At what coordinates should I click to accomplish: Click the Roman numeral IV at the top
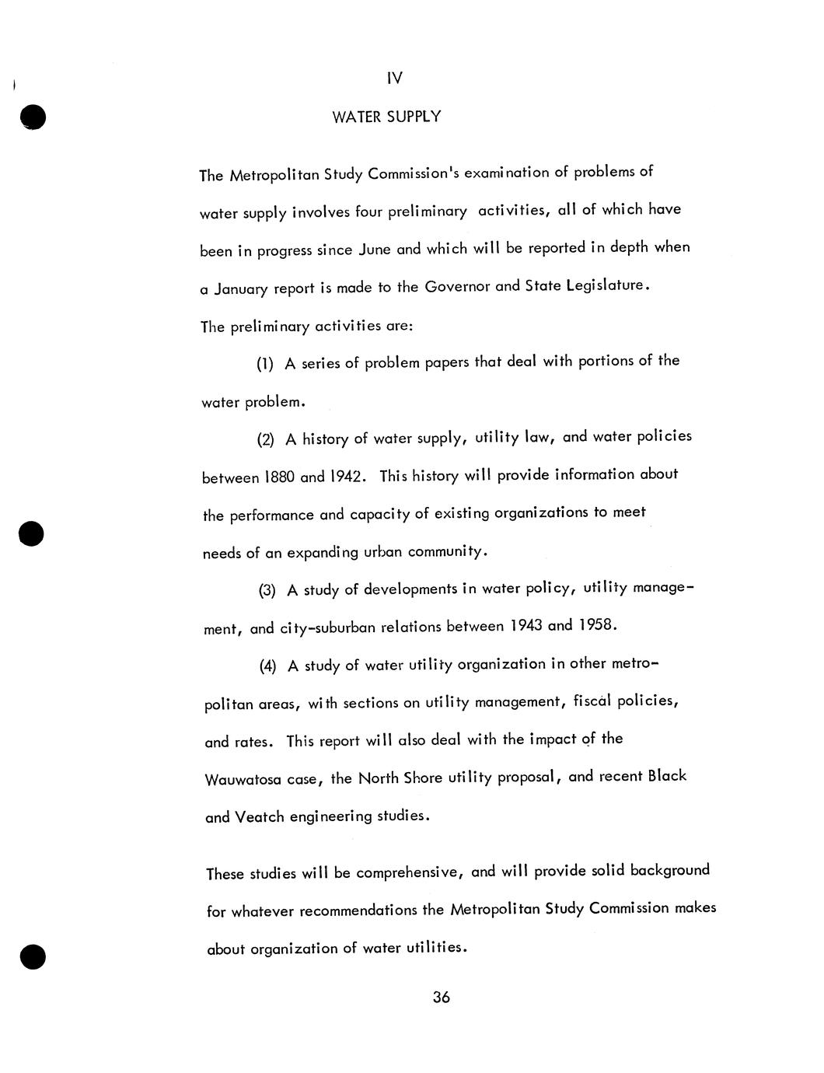tap(395, 79)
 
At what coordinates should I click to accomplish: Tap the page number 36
tap(442, 998)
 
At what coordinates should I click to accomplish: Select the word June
tap(375, 250)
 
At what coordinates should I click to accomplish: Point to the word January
tap(240, 289)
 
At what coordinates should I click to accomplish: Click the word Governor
tap(457, 286)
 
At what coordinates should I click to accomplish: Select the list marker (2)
tap(266, 440)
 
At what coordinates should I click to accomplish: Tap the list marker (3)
tap(267, 591)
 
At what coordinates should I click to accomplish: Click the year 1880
tap(280, 477)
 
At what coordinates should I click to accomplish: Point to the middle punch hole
tap(32, 533)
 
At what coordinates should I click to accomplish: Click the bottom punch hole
tap(33, 956)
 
